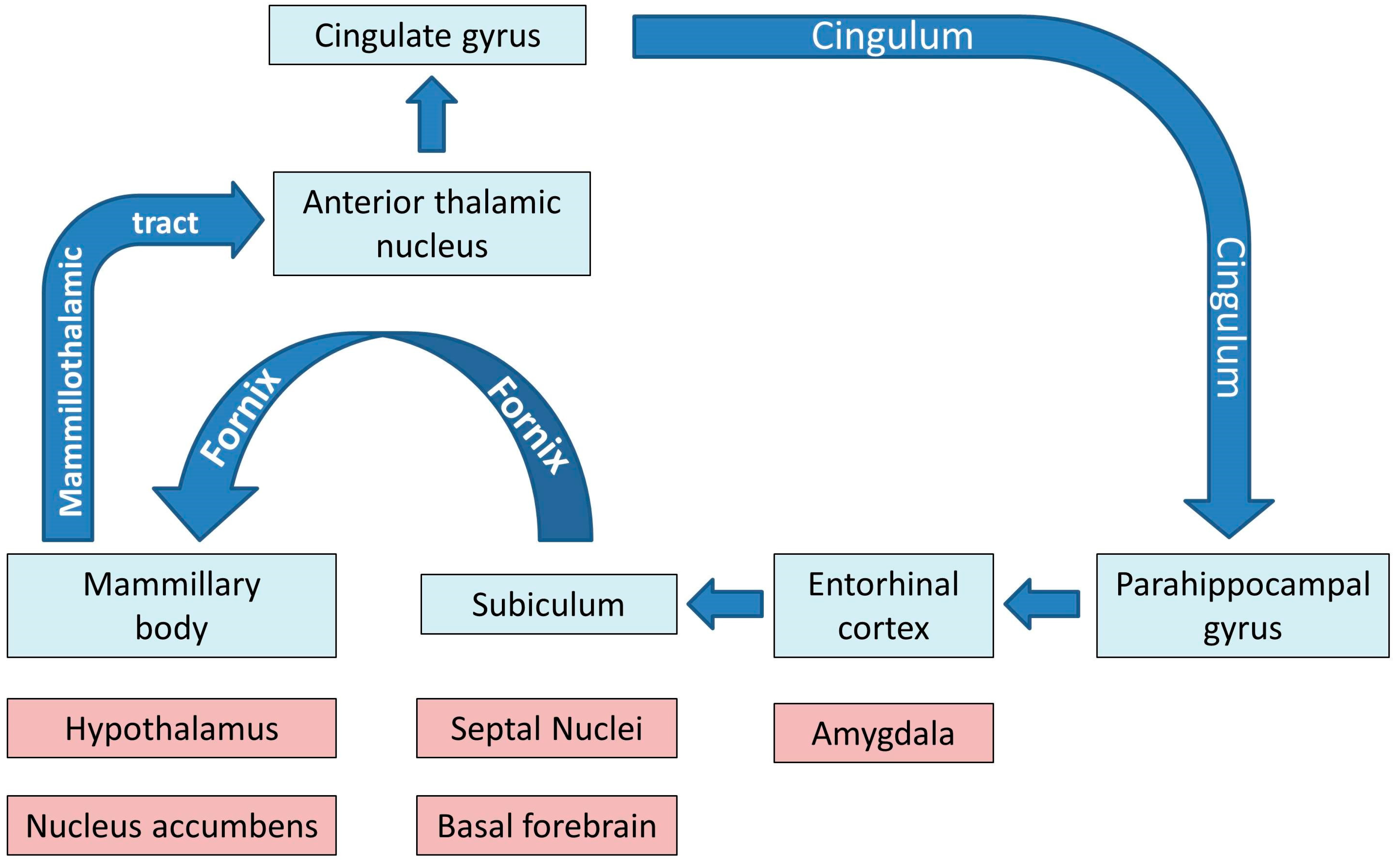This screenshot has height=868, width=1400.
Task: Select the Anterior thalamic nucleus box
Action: tap(432, 223)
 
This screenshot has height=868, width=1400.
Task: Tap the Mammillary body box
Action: tap(171, 605)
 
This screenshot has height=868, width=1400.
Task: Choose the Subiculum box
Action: tap(549, 604)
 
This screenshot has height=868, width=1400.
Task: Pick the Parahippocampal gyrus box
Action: tap(1242, 605)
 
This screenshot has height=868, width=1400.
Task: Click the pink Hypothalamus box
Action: tap(171, 728)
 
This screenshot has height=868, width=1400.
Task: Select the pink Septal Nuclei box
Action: tap(546, 728)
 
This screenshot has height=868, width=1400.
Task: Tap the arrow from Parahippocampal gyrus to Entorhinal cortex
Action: tap(1041, 604)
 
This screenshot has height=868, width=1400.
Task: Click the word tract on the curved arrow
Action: tap(165, 223)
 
